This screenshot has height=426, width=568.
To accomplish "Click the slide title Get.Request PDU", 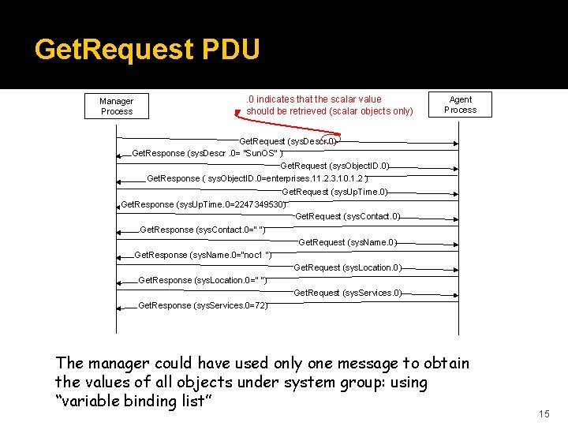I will (148, 50).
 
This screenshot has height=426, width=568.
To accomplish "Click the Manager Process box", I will (117, 106).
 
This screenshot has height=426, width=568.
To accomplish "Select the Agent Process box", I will (461, 105).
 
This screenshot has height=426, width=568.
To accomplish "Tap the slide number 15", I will (544, 414).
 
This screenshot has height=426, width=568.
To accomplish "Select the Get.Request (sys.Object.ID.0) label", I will (334, 166).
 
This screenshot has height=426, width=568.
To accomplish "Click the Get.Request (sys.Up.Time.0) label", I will (334, 192).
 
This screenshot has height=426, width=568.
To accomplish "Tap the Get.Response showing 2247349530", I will (203, 204).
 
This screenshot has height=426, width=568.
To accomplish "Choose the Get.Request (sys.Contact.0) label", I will (347, 216).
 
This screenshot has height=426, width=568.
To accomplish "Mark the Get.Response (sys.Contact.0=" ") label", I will (201, 230).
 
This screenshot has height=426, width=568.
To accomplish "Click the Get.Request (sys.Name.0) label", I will (347, 242).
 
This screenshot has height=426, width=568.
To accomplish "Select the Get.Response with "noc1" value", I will (203, 255).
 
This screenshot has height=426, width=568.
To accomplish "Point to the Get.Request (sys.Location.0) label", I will (347, 267).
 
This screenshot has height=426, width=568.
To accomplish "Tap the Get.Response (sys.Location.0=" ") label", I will (202, 280).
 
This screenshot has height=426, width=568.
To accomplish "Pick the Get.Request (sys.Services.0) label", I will (347, 293).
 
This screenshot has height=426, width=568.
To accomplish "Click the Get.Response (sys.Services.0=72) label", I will (202, 305).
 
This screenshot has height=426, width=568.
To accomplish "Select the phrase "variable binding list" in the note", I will (135, 401).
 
